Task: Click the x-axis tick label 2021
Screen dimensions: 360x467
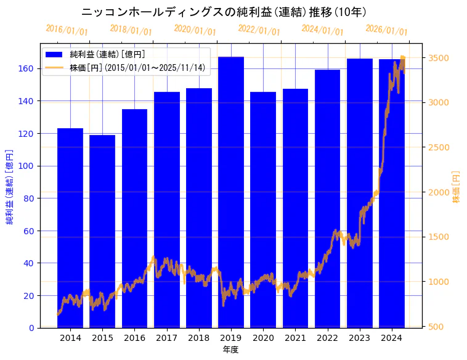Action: (x=295, y=338)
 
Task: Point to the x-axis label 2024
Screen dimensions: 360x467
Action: (x=392, y=338)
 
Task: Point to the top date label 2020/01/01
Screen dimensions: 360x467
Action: (x=195, y=30)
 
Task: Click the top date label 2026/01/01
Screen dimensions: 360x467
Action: (x=386, y=30)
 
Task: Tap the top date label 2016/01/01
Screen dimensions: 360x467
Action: (x=67, y=30)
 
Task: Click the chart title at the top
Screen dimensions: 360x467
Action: (x=224, y=12)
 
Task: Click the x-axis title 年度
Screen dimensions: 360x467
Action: (x=230, y=350)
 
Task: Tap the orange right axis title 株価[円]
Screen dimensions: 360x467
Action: (x=457, y=187)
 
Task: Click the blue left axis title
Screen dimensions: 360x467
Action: (x=10, y=187)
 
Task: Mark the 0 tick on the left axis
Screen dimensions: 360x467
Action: (x=31, y=328)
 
